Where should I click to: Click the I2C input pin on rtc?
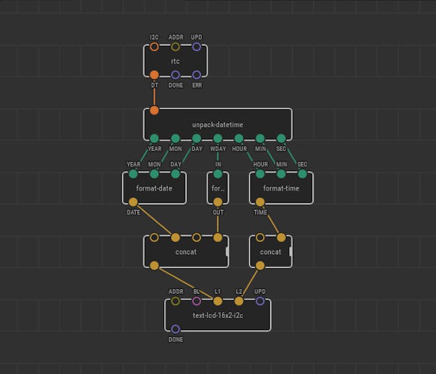(x=154, y=46)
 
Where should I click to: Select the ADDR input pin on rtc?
(x=176, y=46)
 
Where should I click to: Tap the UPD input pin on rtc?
(x=196, y=46)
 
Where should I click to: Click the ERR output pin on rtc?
(x=196, y=75)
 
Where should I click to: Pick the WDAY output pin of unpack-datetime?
(x=218, y=138)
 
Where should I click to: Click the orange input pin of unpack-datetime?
(x=154, y=111)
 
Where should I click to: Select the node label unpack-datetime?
(x=218, y=125)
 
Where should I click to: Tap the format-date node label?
(x=154, y=188)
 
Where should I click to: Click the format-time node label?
(x=281, y=188)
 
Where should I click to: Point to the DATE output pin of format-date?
(x=133, y=202)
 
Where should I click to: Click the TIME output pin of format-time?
(x=260, y=202)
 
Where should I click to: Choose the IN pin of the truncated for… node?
(x=218, y=174)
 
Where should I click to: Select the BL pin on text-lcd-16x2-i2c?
(x=196, y=301)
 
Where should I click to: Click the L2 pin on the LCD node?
(x=239, y=301)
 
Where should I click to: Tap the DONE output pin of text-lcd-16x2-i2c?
(x=176, y=329)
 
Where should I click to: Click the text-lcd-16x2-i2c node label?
(x=218, y=315)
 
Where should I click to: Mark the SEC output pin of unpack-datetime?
(x=281, y=138)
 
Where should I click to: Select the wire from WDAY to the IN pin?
(x=218, y=156)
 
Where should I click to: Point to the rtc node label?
(x=176, y=61)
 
